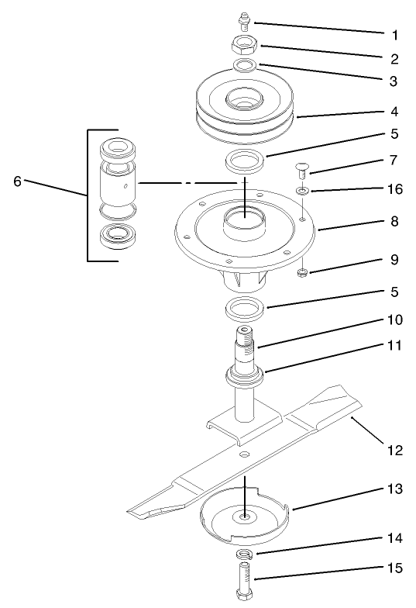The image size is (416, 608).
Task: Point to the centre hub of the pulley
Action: pos(246,100)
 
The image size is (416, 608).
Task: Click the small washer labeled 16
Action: pos(302,190)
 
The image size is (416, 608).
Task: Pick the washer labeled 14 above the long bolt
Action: pos(246,554)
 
